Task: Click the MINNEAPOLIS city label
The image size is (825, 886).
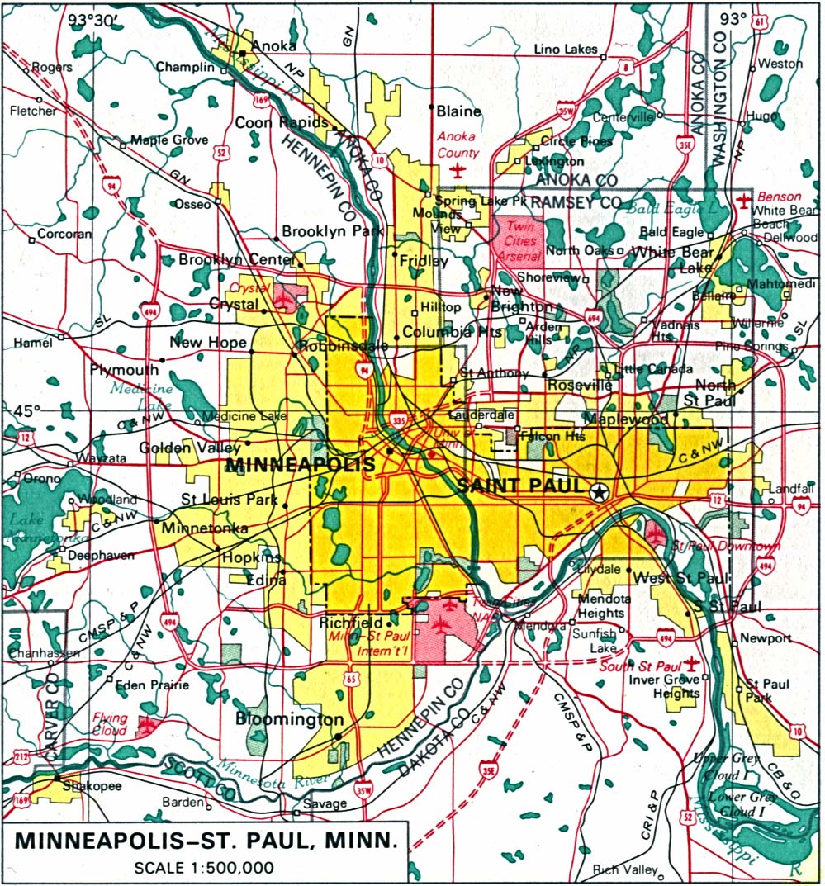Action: pos(300,465)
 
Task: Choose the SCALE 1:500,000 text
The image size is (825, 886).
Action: pos(204,868)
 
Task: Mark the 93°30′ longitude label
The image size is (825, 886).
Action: pos(92,18)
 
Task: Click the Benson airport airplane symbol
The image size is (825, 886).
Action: pos(744,200)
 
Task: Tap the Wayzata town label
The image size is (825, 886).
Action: pos(101,457)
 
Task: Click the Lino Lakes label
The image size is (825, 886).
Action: pos(565,50)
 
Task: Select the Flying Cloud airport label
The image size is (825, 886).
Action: pos(110,723)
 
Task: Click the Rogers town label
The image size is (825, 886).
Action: pos(52,67)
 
